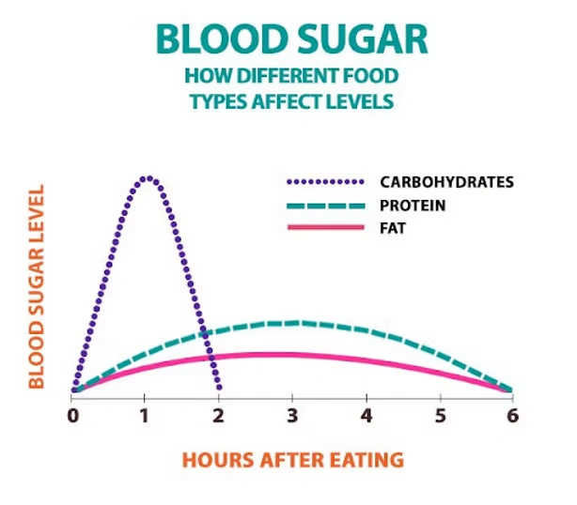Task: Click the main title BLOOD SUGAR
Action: coord(291,40)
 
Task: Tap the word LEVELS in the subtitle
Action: coord(366,100)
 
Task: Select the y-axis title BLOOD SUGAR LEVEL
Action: coord(37,285)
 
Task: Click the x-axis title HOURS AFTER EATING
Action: coord(292,460)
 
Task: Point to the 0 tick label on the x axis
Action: coord(72,415)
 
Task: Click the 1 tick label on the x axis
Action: coord(146,415)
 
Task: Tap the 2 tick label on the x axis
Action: coord(219,415)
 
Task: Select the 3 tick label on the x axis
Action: coord(292,415)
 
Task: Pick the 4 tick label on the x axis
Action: coord(366,415)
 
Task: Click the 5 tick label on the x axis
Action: coord(440,415)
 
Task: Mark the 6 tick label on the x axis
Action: coord(512,415)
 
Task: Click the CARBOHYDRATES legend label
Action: coord(446,182)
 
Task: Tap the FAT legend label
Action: coord(393,228)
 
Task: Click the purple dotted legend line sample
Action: coord(322,182)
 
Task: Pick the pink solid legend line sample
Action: coord(322,228)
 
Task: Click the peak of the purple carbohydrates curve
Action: coord(147,177)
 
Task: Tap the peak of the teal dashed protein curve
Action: coord(293,323)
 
